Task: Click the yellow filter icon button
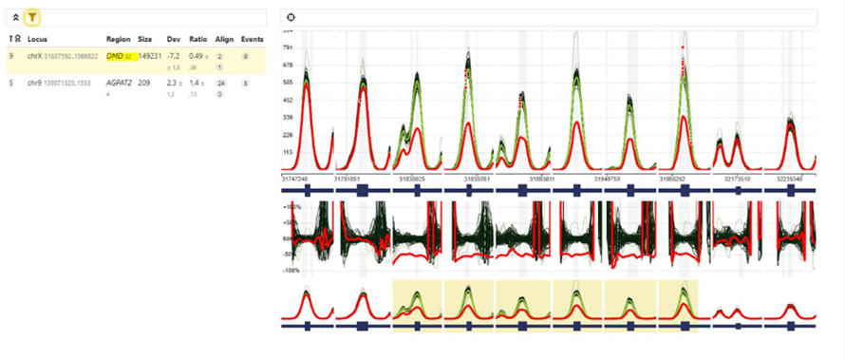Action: tap(32, 17)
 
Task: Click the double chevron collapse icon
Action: tap(15, 17)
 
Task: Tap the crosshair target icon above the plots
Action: tap(291, 17)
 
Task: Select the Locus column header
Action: tap(38, 39)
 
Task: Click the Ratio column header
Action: tap(197, 39)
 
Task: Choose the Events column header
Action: tap(252, 39)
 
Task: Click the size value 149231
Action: tap(149, 57)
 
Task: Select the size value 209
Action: tap(144, 83)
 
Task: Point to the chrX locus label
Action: tap(35, 57)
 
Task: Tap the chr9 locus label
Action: tap(35, 83)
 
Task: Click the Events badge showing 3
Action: tap(245, 84)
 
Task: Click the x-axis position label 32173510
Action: tap(737, 178)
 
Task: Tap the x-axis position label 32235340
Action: tap(791, 178)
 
